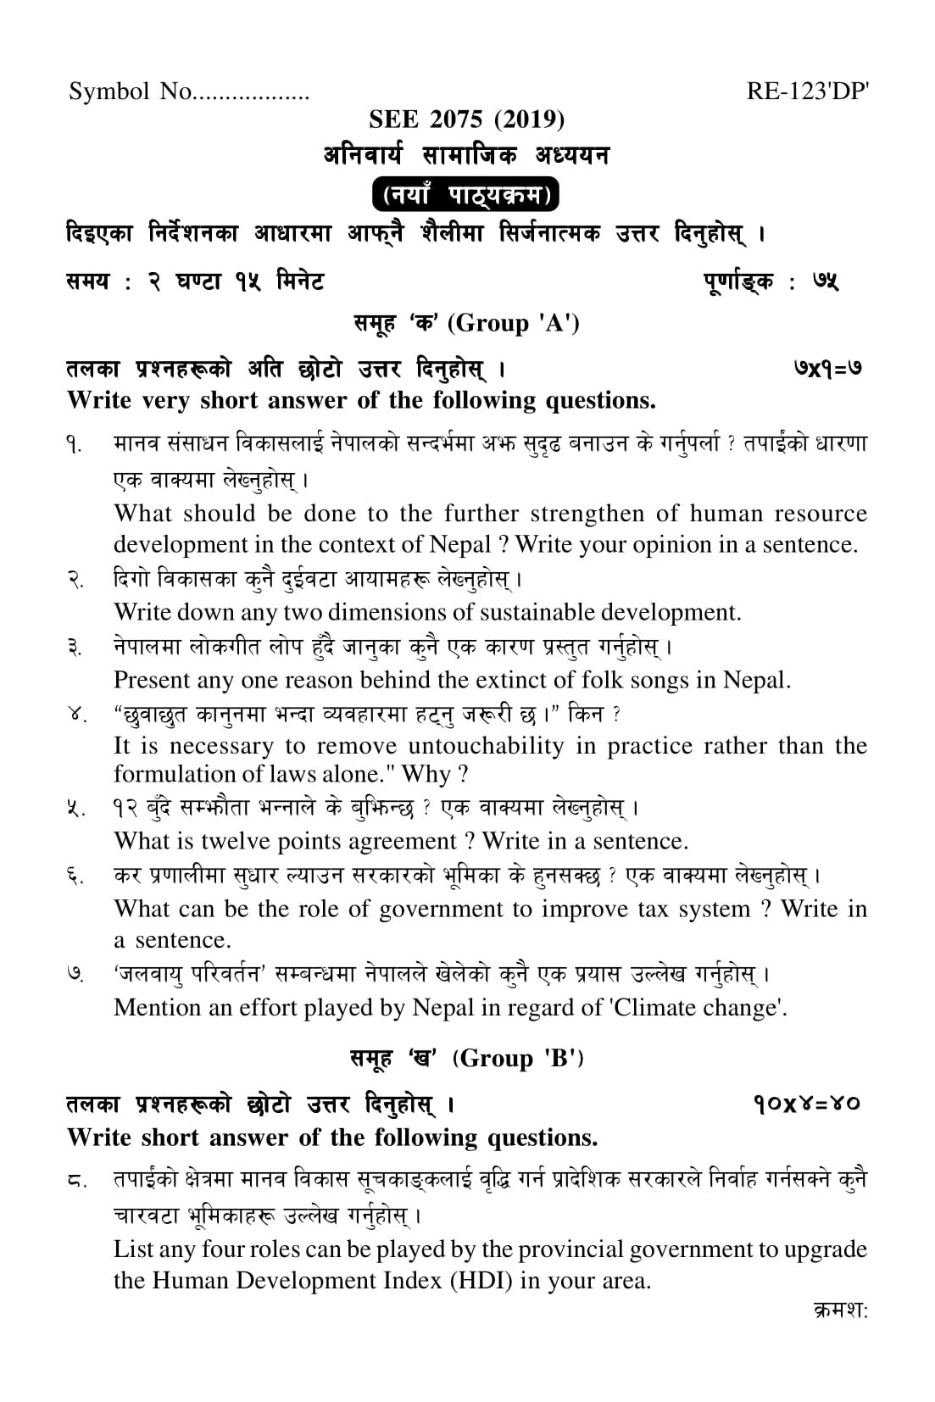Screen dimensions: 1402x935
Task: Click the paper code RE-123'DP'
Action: tap(807, 92)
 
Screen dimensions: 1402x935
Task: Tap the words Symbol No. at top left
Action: tap(131, 92)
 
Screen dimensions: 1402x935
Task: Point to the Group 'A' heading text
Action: tap(514, 323)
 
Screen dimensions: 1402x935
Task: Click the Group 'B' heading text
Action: tap(518, 1058)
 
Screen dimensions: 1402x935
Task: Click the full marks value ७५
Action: tap(825, 281)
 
